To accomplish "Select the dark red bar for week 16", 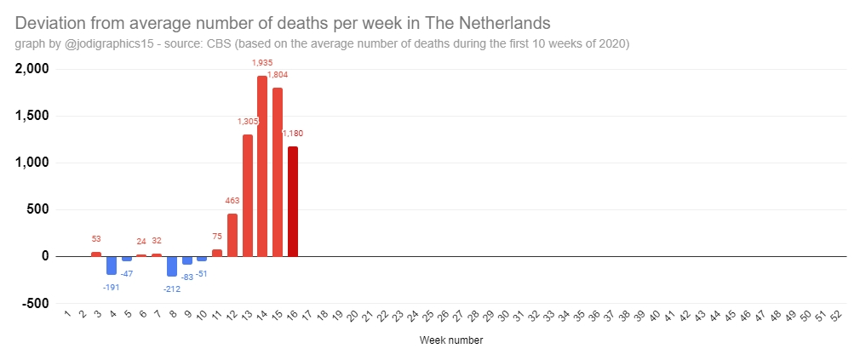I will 293,201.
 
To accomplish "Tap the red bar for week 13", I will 248,195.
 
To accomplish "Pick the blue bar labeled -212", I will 172,266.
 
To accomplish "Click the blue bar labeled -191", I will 112,265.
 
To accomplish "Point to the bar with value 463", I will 232,234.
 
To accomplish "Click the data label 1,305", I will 248,122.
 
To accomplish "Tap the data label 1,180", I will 293,134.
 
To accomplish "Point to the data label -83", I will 187,277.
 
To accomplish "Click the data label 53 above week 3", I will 96,239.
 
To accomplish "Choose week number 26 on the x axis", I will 443,316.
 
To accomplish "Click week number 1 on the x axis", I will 67,315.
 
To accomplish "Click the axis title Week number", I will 451,341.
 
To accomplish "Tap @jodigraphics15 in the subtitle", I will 106,43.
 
